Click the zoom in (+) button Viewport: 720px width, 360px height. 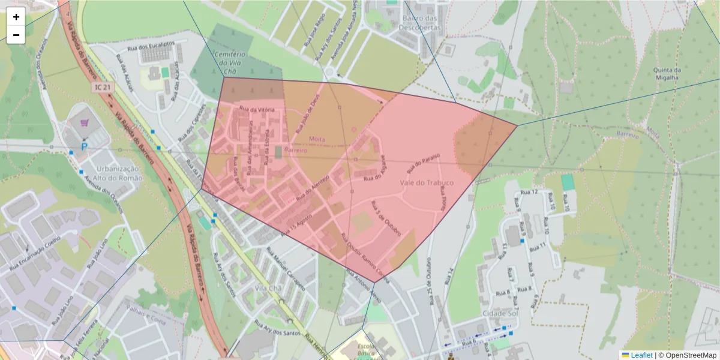pyautogui.click(x=16, y=17)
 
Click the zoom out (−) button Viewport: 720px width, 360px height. pyautogui.click(x=16, y=35)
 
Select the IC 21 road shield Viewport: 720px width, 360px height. pyautogui.click(x=101, y=88)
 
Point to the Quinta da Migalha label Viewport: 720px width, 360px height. pyautogui.click(x=666, y=73)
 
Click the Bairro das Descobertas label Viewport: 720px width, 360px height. pyautogui.click(x=418, y=23)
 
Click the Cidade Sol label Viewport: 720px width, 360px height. pyautogui.click(x=499, y=313)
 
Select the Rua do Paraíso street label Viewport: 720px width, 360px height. pyautogui.click(x=424, y=161)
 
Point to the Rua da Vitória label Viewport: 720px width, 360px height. pyautogui.click(x=257, y=109)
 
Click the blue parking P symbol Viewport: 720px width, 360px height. pyautogui.click(x=85, y=146)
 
